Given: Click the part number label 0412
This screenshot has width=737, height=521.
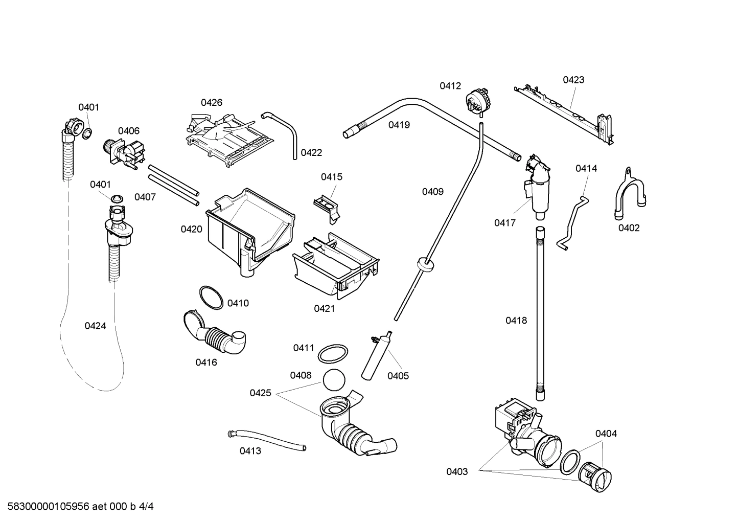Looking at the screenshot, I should click(450, 86).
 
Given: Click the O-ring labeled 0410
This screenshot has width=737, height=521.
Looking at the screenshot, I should click(211, 298).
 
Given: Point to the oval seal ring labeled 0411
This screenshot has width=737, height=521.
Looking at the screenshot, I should click(333, 353).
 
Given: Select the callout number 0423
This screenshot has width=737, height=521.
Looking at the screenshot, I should click(573, 80).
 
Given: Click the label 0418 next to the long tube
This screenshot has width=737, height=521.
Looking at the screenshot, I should click(516, 321).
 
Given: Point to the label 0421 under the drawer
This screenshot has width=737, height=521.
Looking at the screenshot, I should click(324, 308).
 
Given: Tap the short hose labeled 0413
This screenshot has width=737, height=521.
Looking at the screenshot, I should click(266, 440).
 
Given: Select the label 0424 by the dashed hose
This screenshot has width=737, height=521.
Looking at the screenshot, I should click(95, 326).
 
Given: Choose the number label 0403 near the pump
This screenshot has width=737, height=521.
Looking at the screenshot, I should click(457, 471).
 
